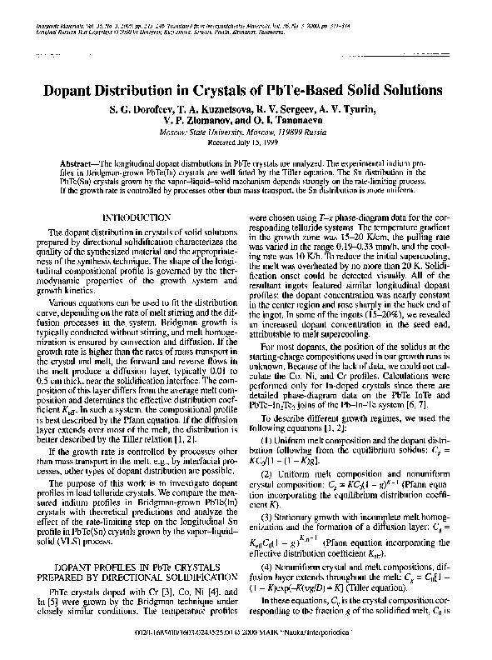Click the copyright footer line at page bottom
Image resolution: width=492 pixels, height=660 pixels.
(x=246, y=642)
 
